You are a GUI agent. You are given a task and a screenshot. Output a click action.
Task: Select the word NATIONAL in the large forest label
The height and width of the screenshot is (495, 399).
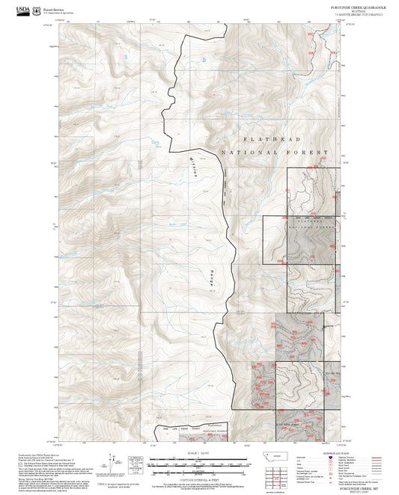[x=249, y=153]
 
